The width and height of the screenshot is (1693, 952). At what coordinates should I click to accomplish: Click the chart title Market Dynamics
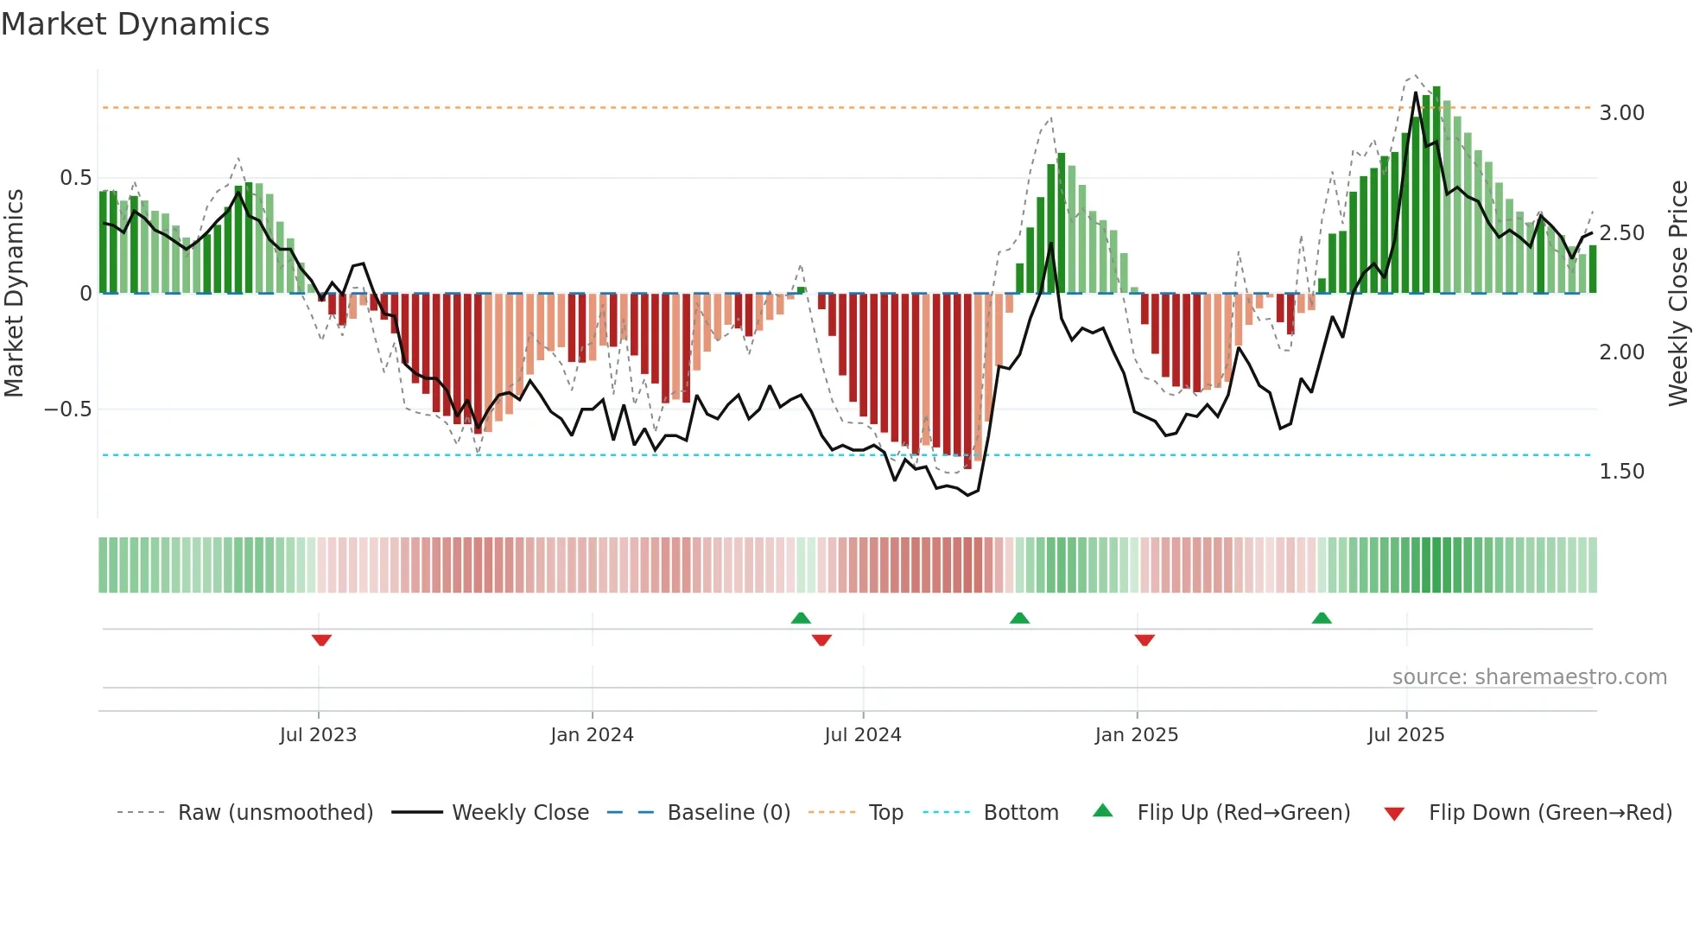coord(135,24)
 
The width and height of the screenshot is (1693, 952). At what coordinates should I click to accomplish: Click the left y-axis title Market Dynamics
coord(14,294)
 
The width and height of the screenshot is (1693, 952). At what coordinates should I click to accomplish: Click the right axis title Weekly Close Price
coord(1677,294)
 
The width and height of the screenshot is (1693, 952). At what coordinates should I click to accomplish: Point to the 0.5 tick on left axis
coord(75,178)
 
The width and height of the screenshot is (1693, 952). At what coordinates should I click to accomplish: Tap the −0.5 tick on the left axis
coord(68,409)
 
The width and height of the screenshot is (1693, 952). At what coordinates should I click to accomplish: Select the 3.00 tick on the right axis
coord(1621,113)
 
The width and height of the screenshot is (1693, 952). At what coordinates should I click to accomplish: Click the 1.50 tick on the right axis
coord(1621,472)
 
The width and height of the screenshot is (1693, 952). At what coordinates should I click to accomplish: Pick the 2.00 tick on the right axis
coord(1621,352)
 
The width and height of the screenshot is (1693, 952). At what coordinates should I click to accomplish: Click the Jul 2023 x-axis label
coord(318,735)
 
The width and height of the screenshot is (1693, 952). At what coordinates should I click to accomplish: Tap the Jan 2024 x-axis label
coord(592,735)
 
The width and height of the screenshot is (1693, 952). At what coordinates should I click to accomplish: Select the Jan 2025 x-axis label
coord(1136,735)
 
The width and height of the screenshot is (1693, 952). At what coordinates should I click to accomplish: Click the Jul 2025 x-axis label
coord(1405,735)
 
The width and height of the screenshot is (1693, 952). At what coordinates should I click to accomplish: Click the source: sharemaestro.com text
coord(1529,677)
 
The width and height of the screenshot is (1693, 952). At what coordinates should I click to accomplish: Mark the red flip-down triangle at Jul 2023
coord(321,640)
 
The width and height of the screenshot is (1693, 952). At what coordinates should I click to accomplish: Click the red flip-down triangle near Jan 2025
coord(1145,640)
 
